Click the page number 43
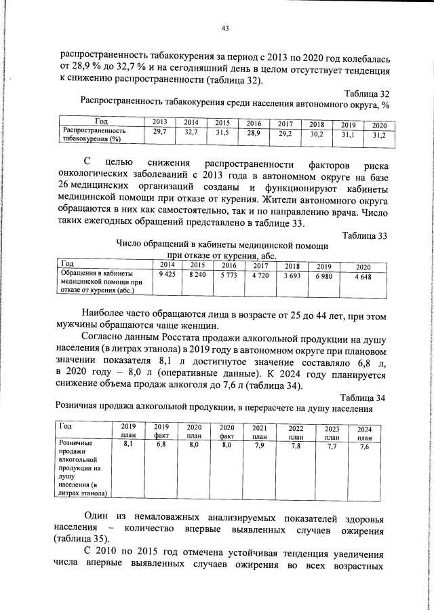[x=225, y=28]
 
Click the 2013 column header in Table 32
[x=160, y=122]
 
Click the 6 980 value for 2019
[x=323, y=275]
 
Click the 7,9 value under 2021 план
[x=259, y=444]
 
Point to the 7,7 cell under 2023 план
[x=332, y=446]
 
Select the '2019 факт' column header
[x=161, y=430]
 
